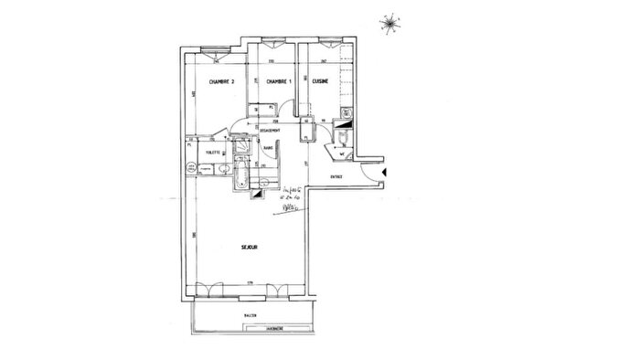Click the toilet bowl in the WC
click(x=340, y=139)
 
